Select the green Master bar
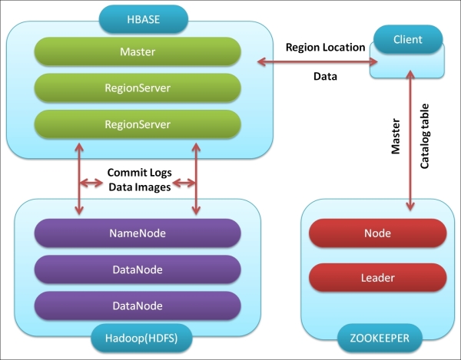138,52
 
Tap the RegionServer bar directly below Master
138,88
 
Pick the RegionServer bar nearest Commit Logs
138,124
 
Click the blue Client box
407,40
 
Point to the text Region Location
326,48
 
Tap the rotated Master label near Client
396,136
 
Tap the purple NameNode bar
138,233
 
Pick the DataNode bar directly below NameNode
138,269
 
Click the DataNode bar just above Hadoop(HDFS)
138,306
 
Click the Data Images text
138,186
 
